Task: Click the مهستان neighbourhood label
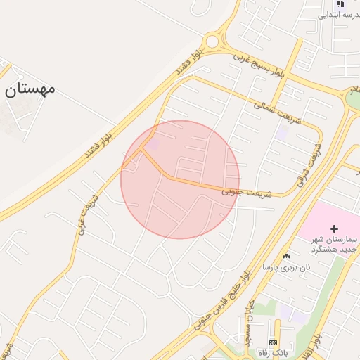click(30, 89)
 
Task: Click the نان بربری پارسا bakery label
click(285, 268)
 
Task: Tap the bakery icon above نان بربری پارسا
click(285, 257)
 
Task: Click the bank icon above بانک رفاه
click(273, 341)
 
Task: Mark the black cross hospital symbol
click(334, 229)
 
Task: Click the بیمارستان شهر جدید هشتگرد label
click(335, 244)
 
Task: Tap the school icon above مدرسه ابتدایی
click(340, 4)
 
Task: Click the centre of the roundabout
click(217, 42)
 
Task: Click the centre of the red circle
click(180, 180)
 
